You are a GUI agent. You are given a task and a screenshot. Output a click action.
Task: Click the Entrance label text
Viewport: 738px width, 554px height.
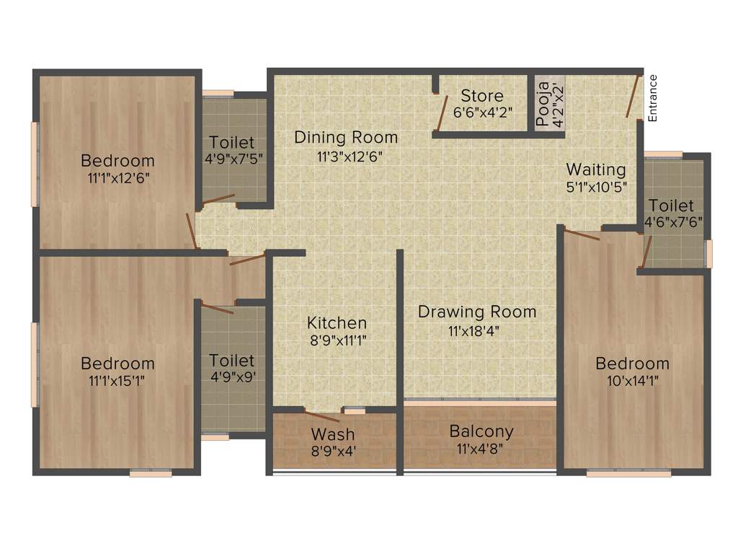[x=653, y=97]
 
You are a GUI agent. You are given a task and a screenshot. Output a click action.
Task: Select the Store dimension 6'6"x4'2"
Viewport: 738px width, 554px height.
[x=482, y=113]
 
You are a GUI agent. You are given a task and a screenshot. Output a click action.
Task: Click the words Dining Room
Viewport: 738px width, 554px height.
[x=346, y=137]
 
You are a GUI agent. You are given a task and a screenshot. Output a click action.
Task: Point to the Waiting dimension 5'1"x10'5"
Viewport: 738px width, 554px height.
[x=595, y=185]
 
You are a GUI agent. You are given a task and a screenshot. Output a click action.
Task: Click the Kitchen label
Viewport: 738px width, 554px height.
[x=337, y=322]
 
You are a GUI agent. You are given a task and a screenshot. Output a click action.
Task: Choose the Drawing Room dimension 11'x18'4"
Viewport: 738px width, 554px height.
[x=477, y=330]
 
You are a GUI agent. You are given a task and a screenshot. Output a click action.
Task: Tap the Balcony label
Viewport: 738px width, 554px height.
[x=481, y=431]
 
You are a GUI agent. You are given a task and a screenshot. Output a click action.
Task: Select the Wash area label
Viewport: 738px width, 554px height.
[x=332, y=434]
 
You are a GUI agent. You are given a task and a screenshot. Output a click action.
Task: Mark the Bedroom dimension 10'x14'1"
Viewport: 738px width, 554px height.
[x=632, y=379]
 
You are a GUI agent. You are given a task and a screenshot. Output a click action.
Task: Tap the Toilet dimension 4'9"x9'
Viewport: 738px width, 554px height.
[x=231, y=376]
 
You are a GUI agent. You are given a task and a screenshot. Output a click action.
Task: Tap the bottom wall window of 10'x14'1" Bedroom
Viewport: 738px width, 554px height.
[x=628, y=474]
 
